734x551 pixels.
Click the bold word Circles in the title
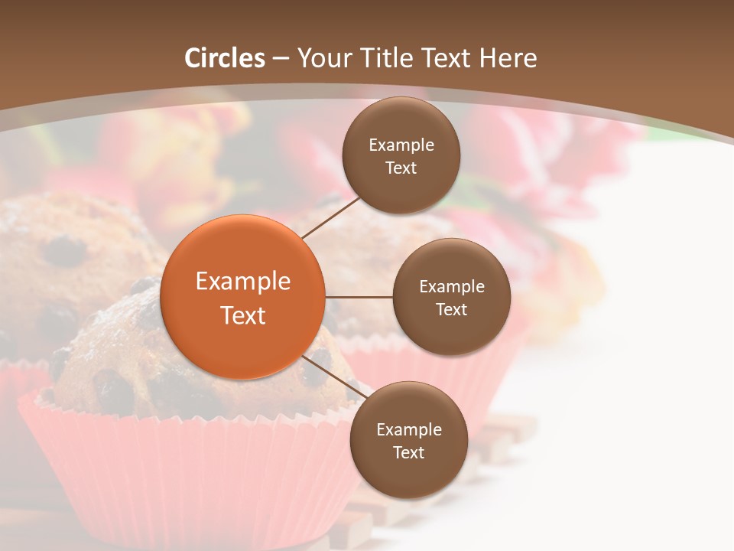(225, 58)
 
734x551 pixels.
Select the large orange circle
(243, 297)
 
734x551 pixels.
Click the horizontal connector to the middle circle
(359, 297)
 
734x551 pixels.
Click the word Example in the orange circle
(243, 282)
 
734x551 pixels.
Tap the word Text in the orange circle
(243, 315)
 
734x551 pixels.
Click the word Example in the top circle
(401, 145)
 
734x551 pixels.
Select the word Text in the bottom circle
(408, 452)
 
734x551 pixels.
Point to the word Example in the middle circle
(452, 287)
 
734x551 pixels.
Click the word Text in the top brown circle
(401, 168)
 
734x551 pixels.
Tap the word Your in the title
(320, 58)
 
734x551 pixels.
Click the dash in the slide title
(281, 59)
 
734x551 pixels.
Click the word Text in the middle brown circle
(451, 309)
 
